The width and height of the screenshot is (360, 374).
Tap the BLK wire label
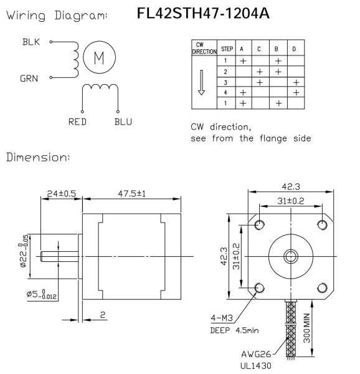(31, 43)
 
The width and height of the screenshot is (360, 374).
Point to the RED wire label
(77, 122)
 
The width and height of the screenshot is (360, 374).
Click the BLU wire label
(123, 122)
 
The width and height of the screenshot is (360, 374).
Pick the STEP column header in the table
(227, 50)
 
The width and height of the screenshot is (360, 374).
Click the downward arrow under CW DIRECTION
(201, 82)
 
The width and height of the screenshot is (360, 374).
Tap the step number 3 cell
(227, 82)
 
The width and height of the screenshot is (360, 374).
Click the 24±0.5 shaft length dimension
(62, 194)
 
